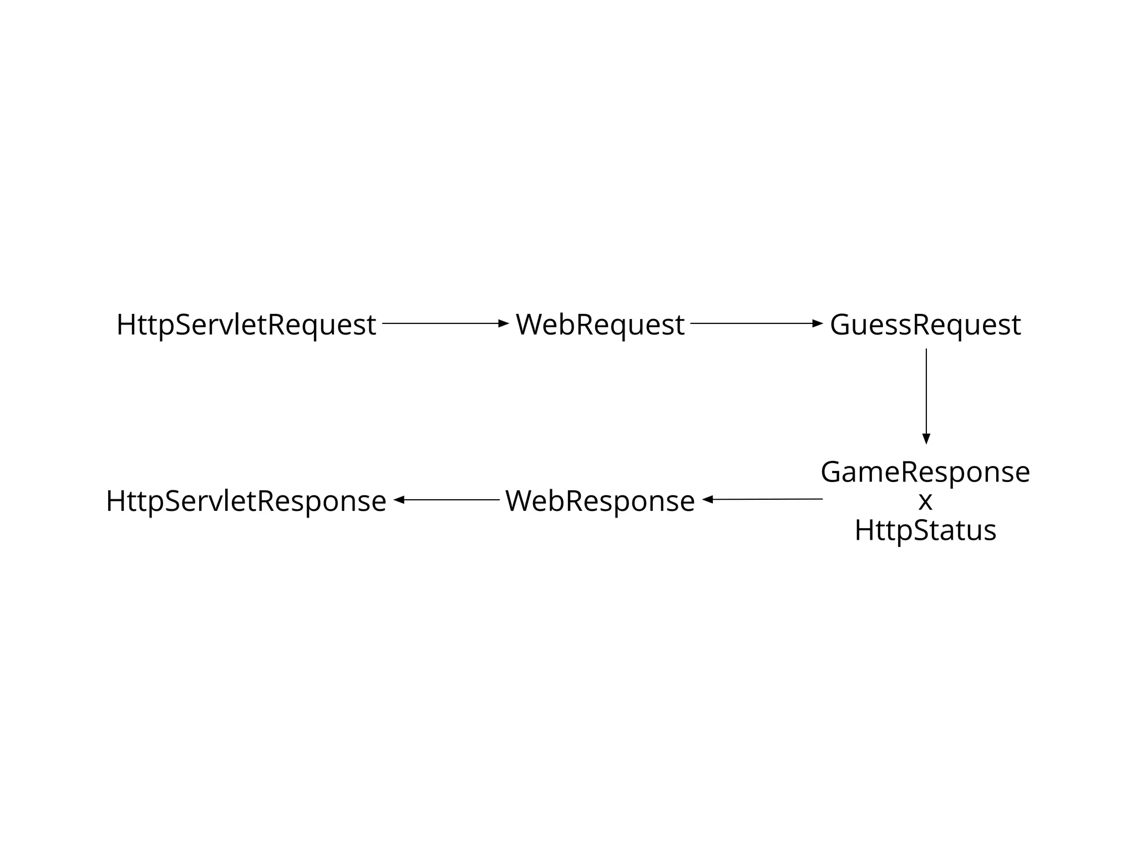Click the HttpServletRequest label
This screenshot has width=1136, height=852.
pos(246,324)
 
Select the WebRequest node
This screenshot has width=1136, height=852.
pos(600,324)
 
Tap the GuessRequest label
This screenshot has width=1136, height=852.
pos(925,324)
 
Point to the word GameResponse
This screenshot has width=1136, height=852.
pos(925,472)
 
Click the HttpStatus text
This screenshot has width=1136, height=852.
pos(925,530)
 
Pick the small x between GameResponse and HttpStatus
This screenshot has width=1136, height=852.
pos(925,501)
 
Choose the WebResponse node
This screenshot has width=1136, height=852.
pos(600,501)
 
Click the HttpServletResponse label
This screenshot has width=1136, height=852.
pos(246,501)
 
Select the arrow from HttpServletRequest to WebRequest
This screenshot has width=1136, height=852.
pos(444,323)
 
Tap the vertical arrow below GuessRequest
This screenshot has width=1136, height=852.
pos(926,394)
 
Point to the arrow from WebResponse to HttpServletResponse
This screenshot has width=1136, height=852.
pos(447,500)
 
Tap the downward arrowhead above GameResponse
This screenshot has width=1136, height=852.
pos(926,439)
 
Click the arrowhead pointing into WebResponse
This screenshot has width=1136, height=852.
pos(707,500)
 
